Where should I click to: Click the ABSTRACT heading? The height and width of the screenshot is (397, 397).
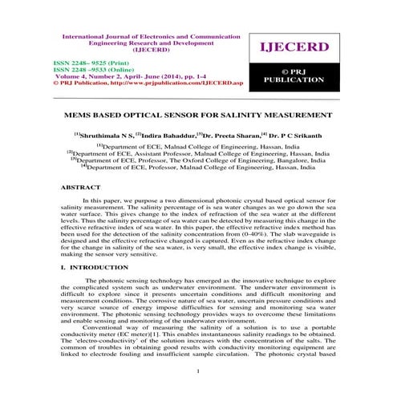click(80, 186)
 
